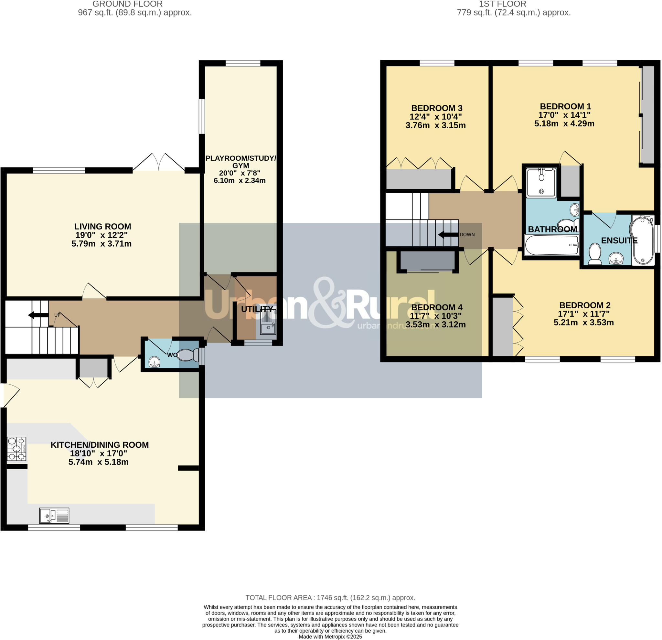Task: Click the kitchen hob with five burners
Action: point(16,449)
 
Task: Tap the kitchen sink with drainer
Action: point(54,516)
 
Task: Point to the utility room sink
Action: point(268,326)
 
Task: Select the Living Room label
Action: point(102,226)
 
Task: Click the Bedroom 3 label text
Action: point(436,108)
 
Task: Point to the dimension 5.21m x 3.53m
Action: point(583,322)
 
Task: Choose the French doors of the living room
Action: point(159,163)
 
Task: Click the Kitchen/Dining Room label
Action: point(100,445)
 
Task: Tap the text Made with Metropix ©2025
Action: point(330,637)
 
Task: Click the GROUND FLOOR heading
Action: point(127,4)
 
